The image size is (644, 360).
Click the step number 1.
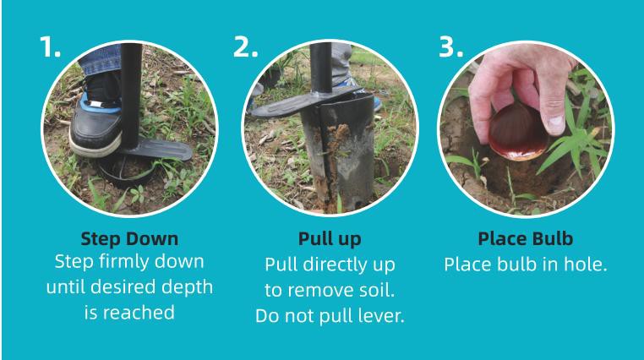pyautogui.click(x=50, y=46)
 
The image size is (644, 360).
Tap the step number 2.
pyautogui.click(x=246, y=46)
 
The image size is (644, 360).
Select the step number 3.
pyautogui.click(x=451, y=46)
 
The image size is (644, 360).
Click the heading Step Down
pyautogui.click(x=129, y=239)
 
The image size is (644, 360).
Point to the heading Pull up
pyautogui.click(x=330, y=239)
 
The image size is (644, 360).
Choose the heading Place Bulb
pyautogui.click(x=526, y=239)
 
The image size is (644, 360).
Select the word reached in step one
pyautogui.click(x=139, y=313)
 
